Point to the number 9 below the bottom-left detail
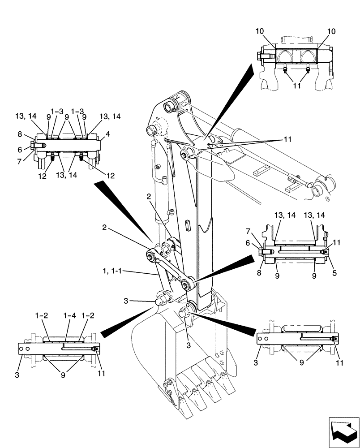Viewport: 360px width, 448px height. pyautogui.click(x=63, y=375)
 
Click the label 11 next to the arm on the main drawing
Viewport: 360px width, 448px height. pyautogui.click(x=287, y=139)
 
